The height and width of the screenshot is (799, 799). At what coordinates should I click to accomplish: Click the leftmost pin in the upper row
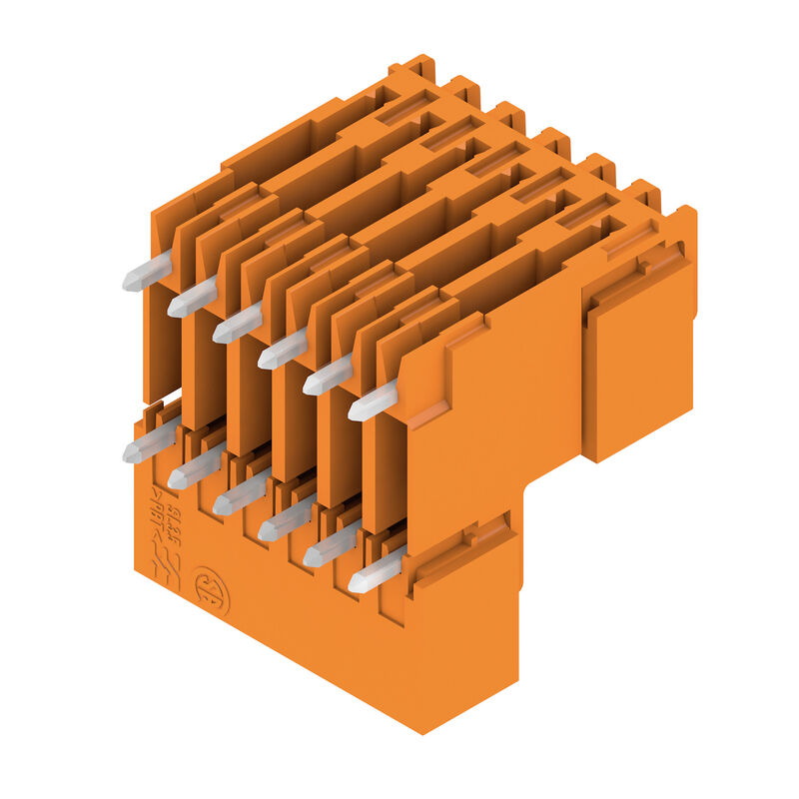coord(146,272)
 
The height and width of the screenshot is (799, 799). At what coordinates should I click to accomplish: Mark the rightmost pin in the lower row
coord(373,573)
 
